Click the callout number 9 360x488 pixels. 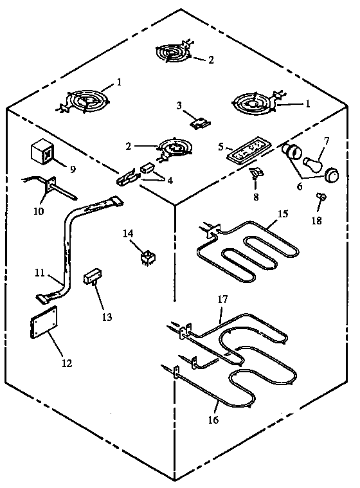pos(73,170)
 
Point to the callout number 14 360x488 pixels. pos(128,233)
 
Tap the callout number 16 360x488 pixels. pos(214,420)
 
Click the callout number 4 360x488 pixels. pos(170,181)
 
